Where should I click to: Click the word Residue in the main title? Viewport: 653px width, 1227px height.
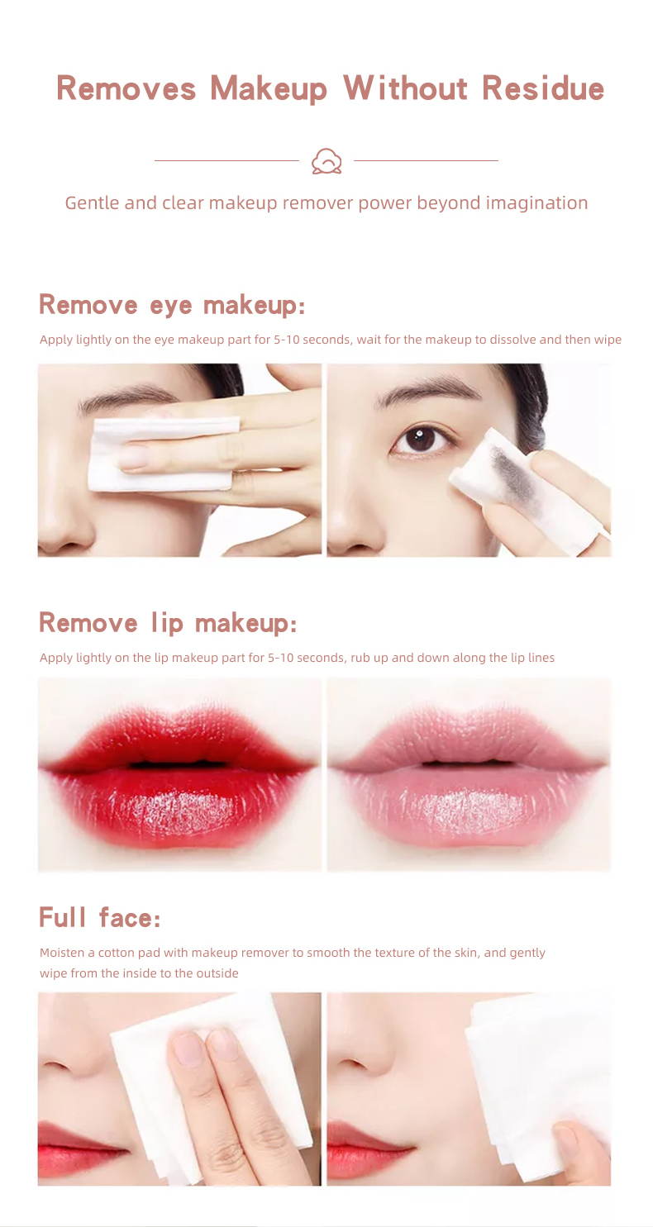pyautogui.click(x=542, y=88)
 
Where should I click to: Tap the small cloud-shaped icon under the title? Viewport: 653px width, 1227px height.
pyautogui.click(x=326, y=161)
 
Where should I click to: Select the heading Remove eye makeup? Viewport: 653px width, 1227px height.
pyautogui.click(x=171, y=305)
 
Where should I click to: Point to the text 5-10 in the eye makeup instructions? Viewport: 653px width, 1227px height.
pyautogui.click(x=287, y=340)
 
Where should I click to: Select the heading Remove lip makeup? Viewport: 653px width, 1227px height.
pyautogui.click(x=168, y=623)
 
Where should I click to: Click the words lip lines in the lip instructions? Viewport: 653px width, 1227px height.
pyautogui.click(x=532, y=658)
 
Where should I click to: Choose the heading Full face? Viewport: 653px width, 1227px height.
pyautogui.click(x=100, y=918)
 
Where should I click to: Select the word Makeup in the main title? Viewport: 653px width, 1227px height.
pyautogui.click(x=269, y=88)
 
